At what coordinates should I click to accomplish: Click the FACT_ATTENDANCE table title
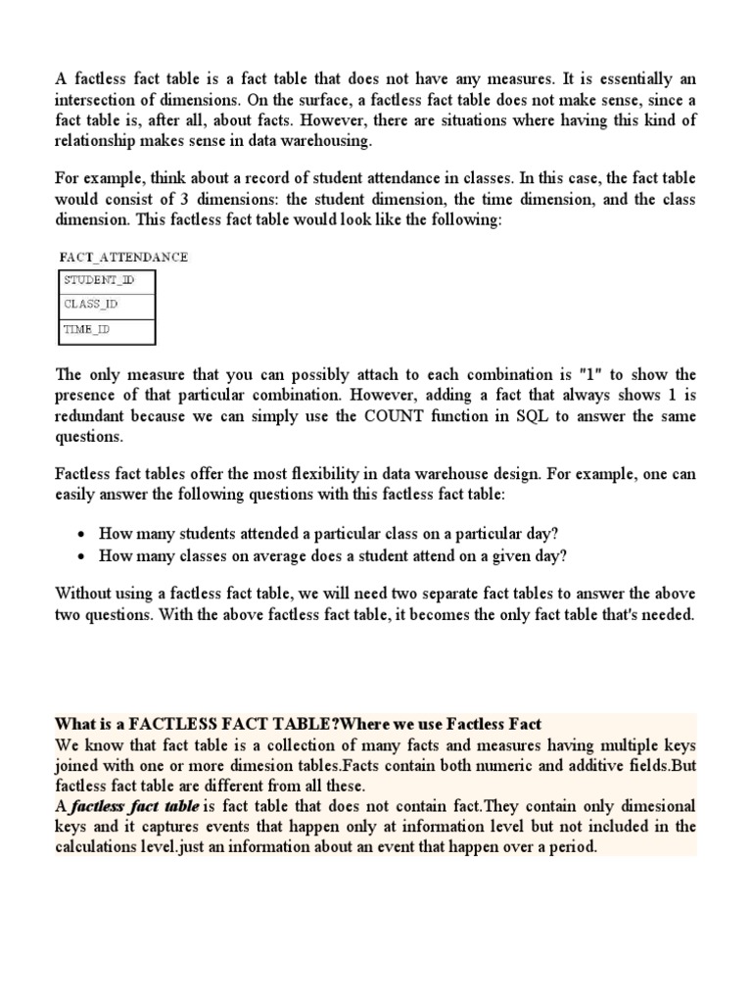pos(123,257)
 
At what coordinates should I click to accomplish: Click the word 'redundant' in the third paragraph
pos(94,416)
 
